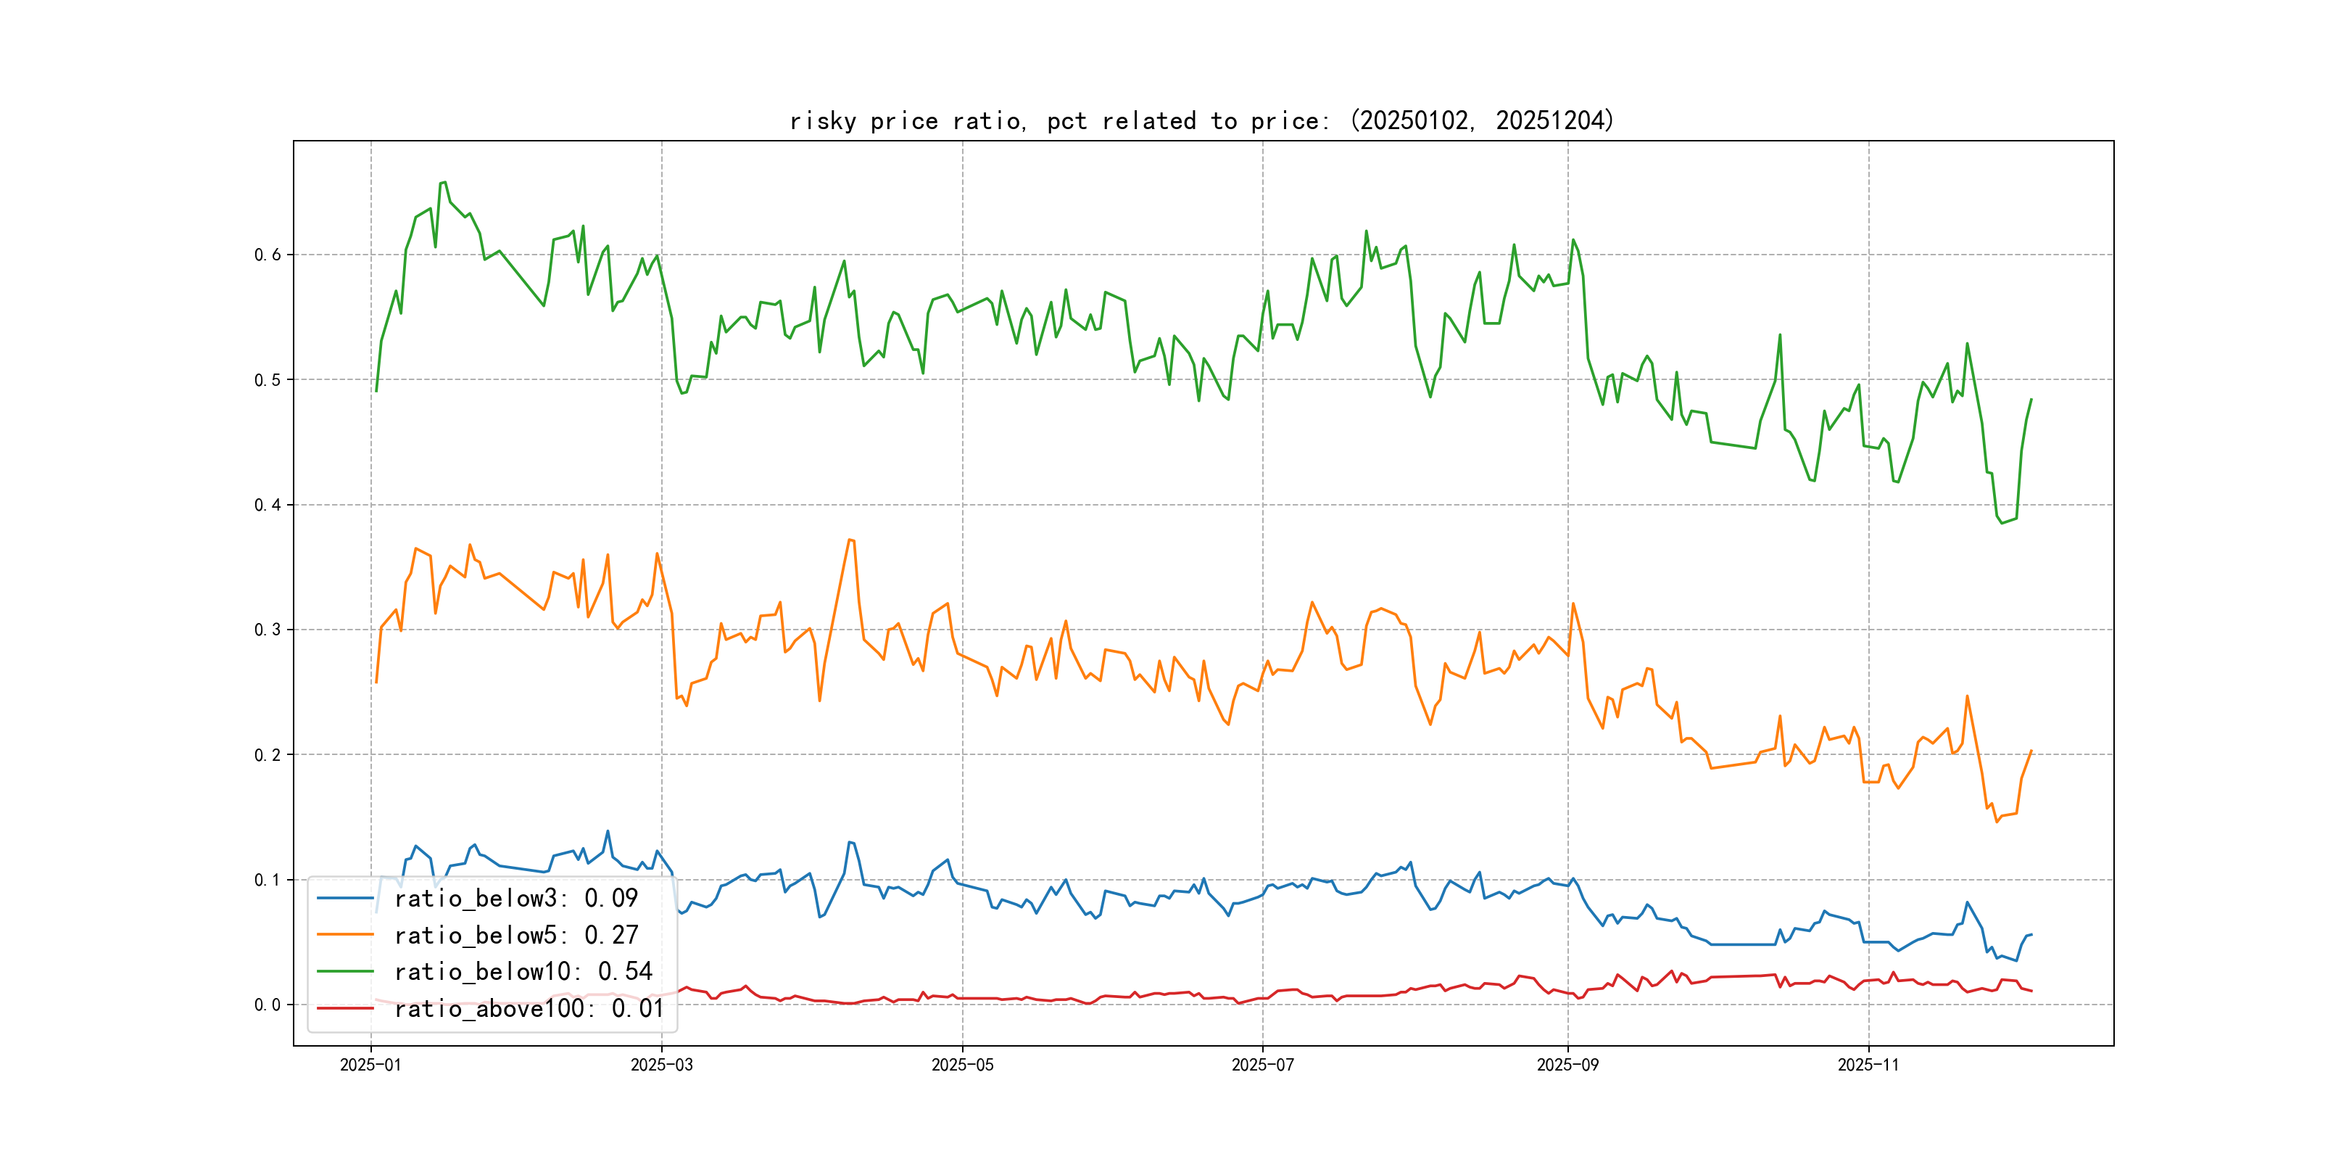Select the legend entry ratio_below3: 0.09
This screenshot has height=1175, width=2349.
click(515, 899)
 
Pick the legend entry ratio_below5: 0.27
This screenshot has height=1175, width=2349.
click(515, 935)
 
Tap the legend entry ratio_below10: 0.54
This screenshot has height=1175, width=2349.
click(523, 972)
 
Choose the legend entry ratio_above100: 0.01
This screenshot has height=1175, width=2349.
click(529, 1008)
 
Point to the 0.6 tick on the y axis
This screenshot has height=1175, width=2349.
click(268, 255)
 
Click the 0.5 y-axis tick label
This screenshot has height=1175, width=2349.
click(268, 379)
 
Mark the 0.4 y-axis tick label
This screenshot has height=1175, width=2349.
click(268, 505)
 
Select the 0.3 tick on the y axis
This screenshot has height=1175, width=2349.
click(268, 630)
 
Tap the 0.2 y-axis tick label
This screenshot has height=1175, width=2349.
click(268, 754)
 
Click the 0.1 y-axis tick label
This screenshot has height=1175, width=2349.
click(268, 879)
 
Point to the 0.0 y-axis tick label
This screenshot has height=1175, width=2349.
click(268, 1005)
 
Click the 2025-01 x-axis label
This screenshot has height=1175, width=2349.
click(370, 1065)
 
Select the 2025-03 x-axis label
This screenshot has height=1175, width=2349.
click(661, 1065)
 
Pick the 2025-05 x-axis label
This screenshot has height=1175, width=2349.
click(962, 1065)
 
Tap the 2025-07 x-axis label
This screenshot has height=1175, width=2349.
click(1262, 1065)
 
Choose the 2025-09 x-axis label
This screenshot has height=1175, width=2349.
click(1567, 1065)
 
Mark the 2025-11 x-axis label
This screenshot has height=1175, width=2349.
click(1868, 1065)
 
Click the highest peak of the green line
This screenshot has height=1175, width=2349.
click(443, 183)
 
